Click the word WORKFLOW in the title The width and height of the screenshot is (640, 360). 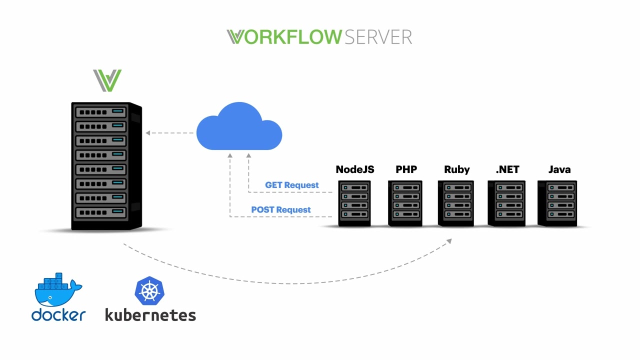coord(284,37)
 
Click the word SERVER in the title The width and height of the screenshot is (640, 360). coord(378,37)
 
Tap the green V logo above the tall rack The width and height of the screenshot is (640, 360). coord(107,81)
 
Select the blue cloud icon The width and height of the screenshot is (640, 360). coord(239,127)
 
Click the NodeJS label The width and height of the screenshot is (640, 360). coord(354,169)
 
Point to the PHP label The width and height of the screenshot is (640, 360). coord(406,169)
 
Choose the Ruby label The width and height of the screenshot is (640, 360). coord(456,169)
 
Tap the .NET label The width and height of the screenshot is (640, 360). coord(507,169)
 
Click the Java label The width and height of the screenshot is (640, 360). coord(559,169)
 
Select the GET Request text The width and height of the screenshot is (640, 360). coord(291,185)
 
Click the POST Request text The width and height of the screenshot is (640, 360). coord(280,210)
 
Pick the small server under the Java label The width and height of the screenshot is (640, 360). coord(557,203)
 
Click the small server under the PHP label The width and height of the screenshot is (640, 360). coord(405,203)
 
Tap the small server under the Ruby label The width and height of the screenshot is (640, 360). coord(456,203)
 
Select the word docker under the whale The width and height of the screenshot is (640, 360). coord(58,315)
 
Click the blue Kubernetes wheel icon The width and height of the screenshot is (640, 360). coord(149,291)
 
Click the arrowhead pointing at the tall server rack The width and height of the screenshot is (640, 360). coord(148,133)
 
